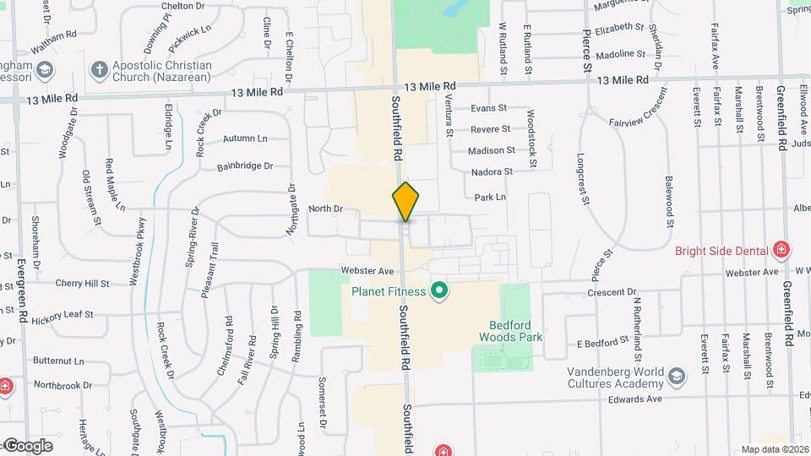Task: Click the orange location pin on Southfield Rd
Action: coord(406,201)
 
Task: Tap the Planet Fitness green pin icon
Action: coord(438,292)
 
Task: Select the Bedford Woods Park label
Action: coord(515,330)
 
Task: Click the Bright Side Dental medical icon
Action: coord(782,250)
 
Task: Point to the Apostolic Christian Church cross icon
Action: coord(100,70)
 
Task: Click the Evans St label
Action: coord(488,108)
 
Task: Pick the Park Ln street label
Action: coord(490,197)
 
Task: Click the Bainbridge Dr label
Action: coord(245,166)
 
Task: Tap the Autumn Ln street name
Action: coord(245,138)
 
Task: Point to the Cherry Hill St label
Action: coord(82,284)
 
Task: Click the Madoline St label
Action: coord(620,54)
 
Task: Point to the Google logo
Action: coord(28,445)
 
